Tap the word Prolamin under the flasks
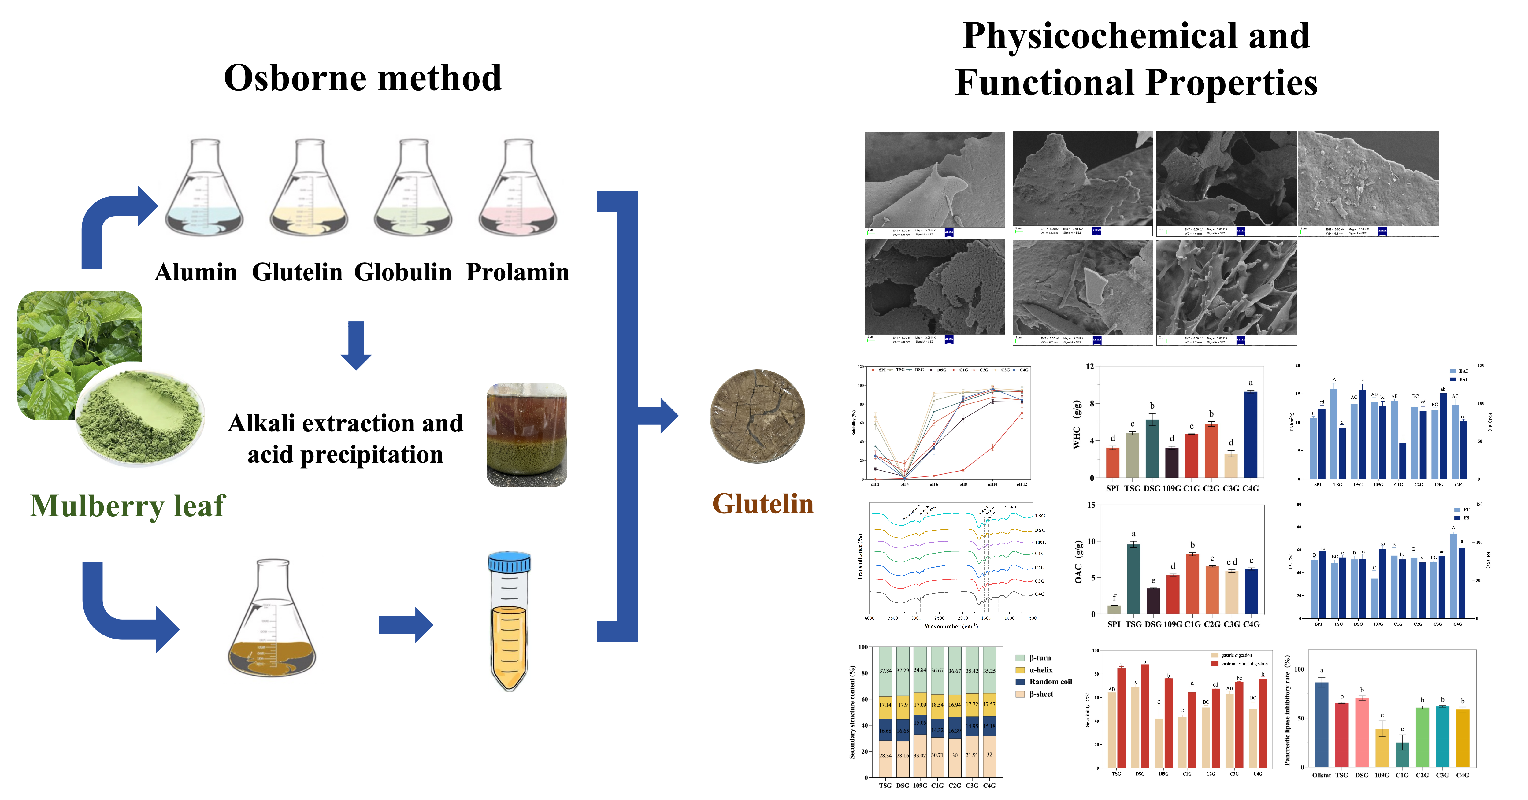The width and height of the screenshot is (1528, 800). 517,272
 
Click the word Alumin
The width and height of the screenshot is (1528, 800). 196,272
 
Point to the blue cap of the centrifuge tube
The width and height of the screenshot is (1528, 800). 510,562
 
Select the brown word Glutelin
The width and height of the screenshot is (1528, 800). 763,503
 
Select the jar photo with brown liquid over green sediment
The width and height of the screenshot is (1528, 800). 527,435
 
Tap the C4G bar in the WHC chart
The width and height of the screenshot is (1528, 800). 1250,434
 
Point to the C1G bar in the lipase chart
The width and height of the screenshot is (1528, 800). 1402,754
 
